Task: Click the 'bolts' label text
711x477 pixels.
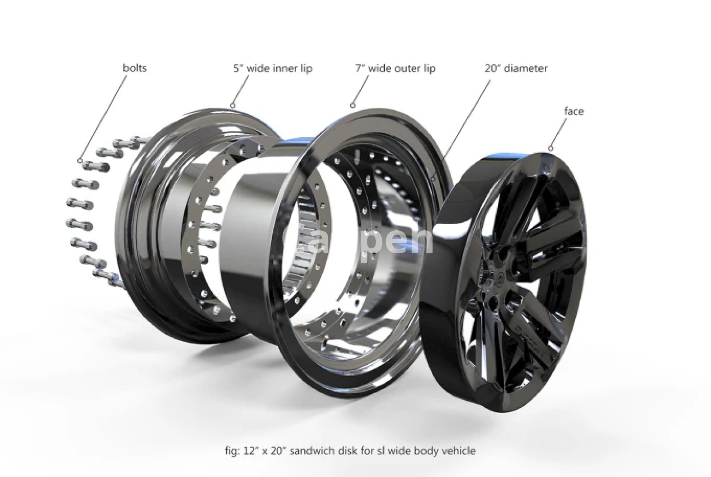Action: pyautogui.click(x=134, y=68)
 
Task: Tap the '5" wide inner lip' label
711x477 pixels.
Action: pyautogui.click(x=273, y=69)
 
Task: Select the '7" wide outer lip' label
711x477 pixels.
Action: pyautogui.click(x=395, y=69)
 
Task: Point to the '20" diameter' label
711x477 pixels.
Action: pyautogui.click(x=516, y=69)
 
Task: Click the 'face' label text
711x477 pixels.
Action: pyautogui.click(x=574, y=111)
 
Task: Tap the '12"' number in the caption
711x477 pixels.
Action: pyautogui.click(x=251, y=451)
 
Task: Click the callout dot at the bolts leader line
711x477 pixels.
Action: pyautogui.click(x=80, y=161)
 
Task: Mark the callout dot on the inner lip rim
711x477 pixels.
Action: pyautogui.click(x=233, y=105)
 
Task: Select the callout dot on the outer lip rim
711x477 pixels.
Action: pyautogui.click(x=353, y=105)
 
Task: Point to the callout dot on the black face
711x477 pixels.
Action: pyautogui.click(x=551, y=149)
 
